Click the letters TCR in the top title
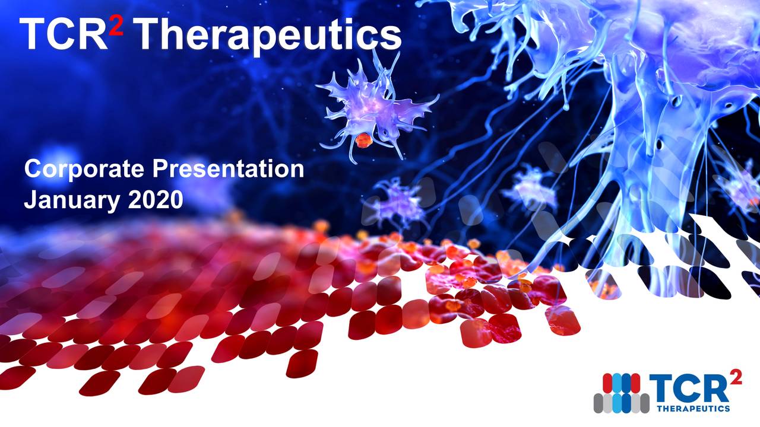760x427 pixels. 63,34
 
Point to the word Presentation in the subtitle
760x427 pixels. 227,170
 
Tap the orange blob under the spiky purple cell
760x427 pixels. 363,141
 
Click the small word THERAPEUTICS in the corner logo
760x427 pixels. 693,409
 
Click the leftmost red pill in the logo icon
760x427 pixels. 607,384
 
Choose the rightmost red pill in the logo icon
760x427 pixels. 635,384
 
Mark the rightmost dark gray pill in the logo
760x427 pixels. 644,403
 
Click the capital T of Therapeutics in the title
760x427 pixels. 149,34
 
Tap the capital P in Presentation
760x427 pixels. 159,170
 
